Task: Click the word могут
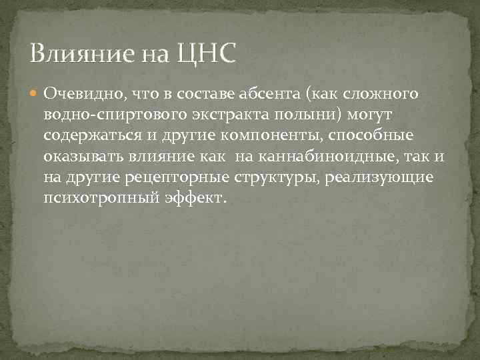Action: pyautogui.click(x=375, y=115)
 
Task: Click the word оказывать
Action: pyautogui.click(x=79, y=157)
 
